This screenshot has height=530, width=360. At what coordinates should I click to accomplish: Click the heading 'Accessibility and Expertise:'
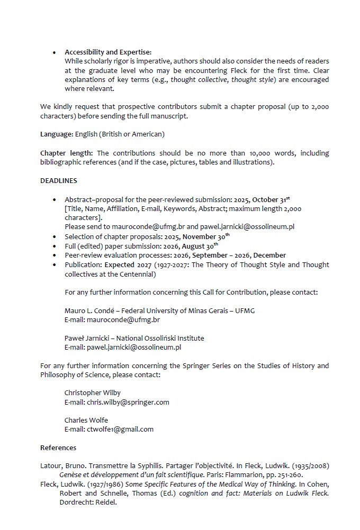(108, 52)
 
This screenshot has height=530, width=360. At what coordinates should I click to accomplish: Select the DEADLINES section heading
(59, 181)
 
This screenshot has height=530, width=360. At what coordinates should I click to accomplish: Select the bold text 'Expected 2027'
(127, 264)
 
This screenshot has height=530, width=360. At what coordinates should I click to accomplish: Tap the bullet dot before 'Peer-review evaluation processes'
(55, 255)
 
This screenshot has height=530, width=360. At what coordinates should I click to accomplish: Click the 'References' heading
(58, 448)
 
